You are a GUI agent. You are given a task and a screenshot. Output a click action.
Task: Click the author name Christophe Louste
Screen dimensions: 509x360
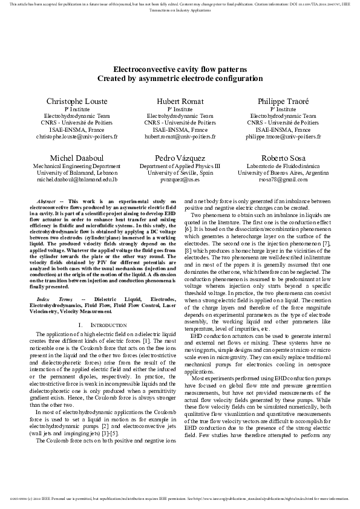click(77, 101)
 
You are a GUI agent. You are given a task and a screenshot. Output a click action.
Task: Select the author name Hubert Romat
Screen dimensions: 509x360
click(180, 101)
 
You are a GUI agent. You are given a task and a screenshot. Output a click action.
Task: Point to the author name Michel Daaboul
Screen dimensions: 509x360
click(77, 158)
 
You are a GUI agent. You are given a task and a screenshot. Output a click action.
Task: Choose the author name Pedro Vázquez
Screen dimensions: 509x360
click(180, 158)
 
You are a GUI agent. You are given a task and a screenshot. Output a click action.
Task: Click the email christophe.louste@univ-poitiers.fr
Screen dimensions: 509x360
click(77, 137)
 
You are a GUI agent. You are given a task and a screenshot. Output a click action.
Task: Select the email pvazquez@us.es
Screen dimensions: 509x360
click(180, 180)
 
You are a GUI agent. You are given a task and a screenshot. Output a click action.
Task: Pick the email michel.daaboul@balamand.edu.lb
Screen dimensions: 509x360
click(77, 180)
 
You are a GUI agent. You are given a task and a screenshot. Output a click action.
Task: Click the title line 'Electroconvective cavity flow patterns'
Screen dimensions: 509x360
click(180, 70)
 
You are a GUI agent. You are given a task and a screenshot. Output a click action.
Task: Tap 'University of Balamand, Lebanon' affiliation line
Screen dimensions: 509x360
click(77, 172)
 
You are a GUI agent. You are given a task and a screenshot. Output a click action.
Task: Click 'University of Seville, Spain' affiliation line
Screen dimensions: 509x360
click(180, 172)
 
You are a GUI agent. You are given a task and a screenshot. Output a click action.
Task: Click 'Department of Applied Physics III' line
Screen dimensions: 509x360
click(180, 165)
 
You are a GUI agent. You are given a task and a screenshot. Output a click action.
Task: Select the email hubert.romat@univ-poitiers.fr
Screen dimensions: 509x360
click(180, 137)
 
